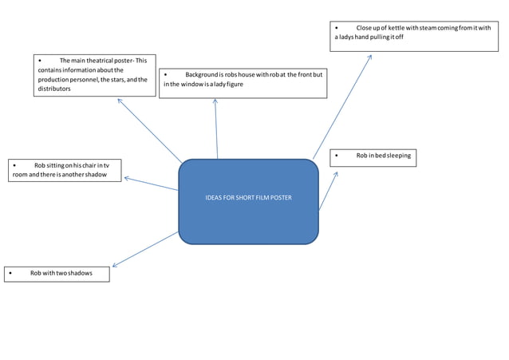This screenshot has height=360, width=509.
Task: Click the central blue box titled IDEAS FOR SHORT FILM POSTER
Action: (x=248, y=201)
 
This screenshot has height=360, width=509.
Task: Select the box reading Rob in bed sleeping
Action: (x=373, y=157)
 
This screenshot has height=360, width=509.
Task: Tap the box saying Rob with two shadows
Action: (x=57, y=274)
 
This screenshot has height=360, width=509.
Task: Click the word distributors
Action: (x=54, y=89)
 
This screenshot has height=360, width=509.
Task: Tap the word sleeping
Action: (x=397, y=156)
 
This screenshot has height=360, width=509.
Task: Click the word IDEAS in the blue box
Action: (x=215, y=198)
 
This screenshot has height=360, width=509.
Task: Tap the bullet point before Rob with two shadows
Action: (x=10, y=274)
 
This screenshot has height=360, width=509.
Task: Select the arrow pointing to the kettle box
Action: (x=343, y=104)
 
